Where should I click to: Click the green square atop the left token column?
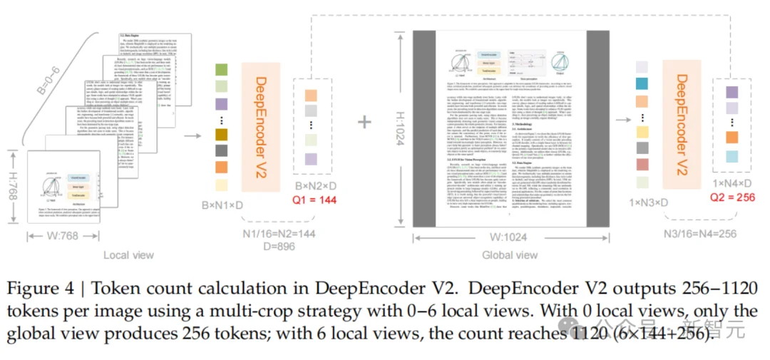click(x=221, y=70)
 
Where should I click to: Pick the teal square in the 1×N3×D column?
click(x=642, y=84)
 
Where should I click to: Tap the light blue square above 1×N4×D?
click(x=732, y=157)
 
